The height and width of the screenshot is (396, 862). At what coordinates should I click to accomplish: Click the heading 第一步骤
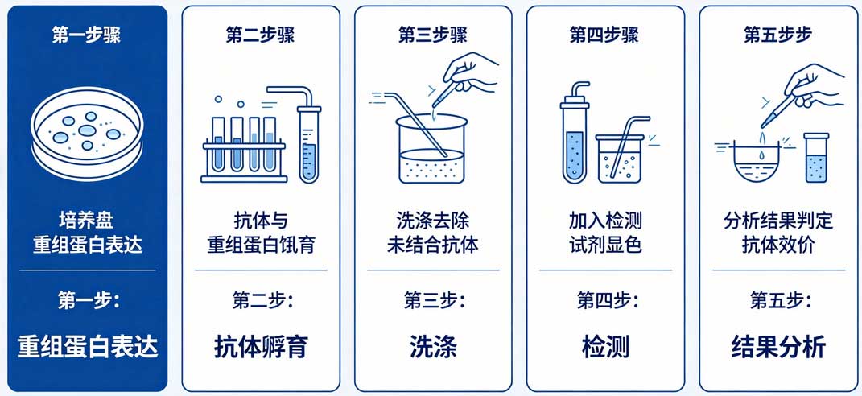pyautogui.click(x=86, y=35)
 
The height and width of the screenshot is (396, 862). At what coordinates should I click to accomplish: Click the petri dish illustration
pyautogui.click(x=87, y=134)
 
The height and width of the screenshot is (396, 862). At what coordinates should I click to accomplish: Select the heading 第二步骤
pyautogui.click(x=260, y=35)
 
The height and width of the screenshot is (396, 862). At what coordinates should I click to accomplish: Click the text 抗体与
pyautogui.click(x=261, y=221)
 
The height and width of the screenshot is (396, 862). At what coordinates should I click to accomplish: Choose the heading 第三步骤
pyautogui.click(x=433, y=35)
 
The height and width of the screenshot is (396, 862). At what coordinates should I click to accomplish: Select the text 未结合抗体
pyautogui.click(x=433, y=245)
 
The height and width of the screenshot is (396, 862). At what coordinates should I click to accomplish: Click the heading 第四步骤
pyautogui.click(x=604, y=35)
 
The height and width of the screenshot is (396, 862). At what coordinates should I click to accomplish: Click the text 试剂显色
pyautogui.click(x=605, y=245)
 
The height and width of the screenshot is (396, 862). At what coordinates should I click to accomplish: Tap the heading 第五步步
pyautogui.click(x=778, y=35)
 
